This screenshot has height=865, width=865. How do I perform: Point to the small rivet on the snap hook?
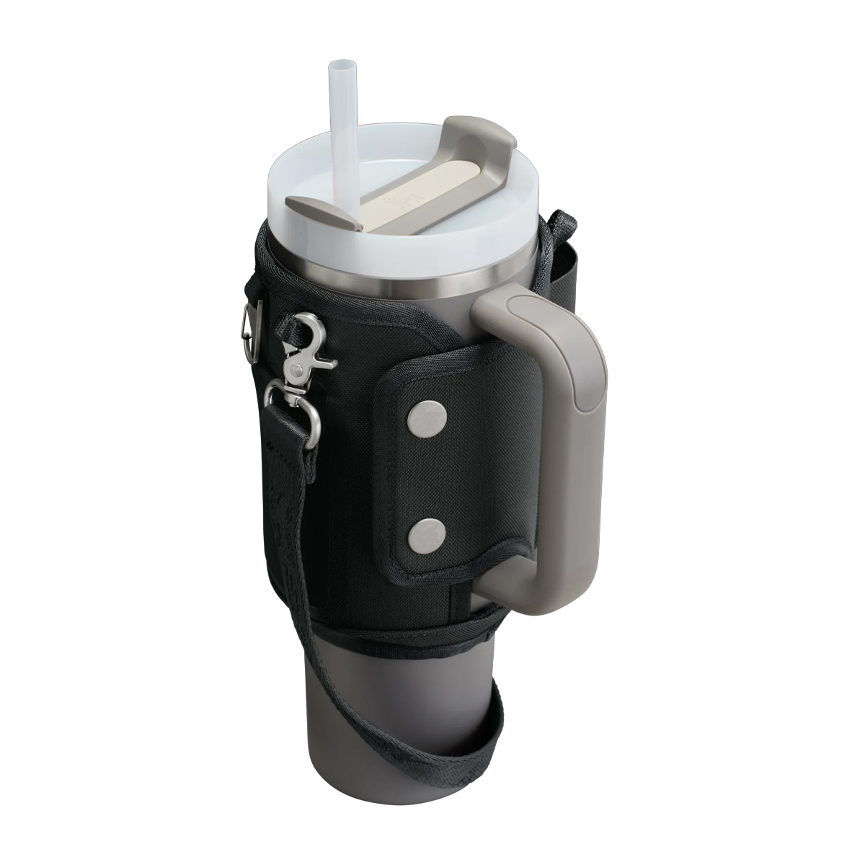click(296, 370)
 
